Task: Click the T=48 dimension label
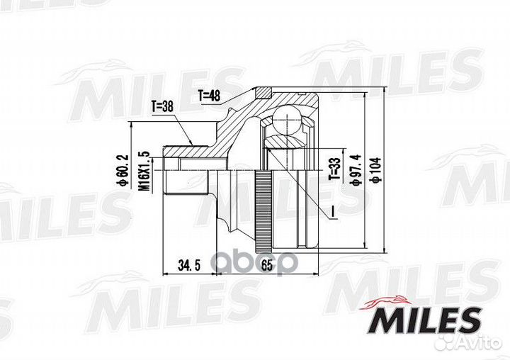click(210, 94)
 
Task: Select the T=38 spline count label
click(164, 108)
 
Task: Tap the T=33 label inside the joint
click(332, 168)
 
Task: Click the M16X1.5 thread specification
click(142, 170)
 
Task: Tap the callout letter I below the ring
click(331, 211)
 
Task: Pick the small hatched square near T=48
click(263, 91)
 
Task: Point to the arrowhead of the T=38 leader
click(193, 145)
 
